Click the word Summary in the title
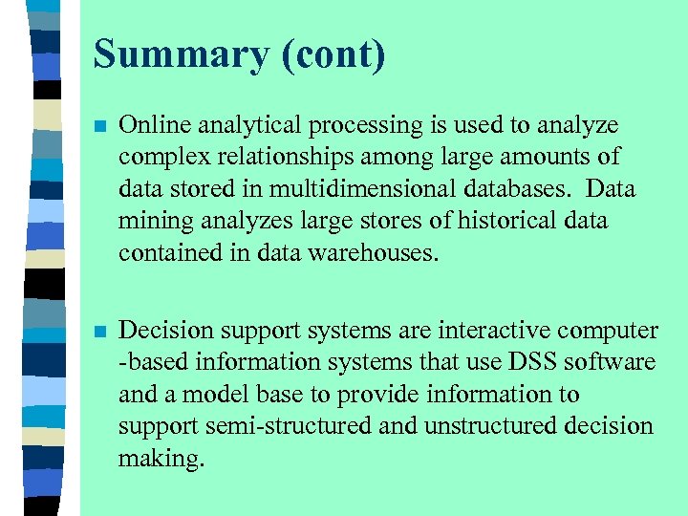click(x=181, y=54)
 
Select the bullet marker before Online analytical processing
click(x=100, y=126)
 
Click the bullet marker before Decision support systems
click(x=100, y=332)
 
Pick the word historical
click(x=503, y=220)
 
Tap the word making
click(x=160, y=458)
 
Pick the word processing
click(x=367, y=125)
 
